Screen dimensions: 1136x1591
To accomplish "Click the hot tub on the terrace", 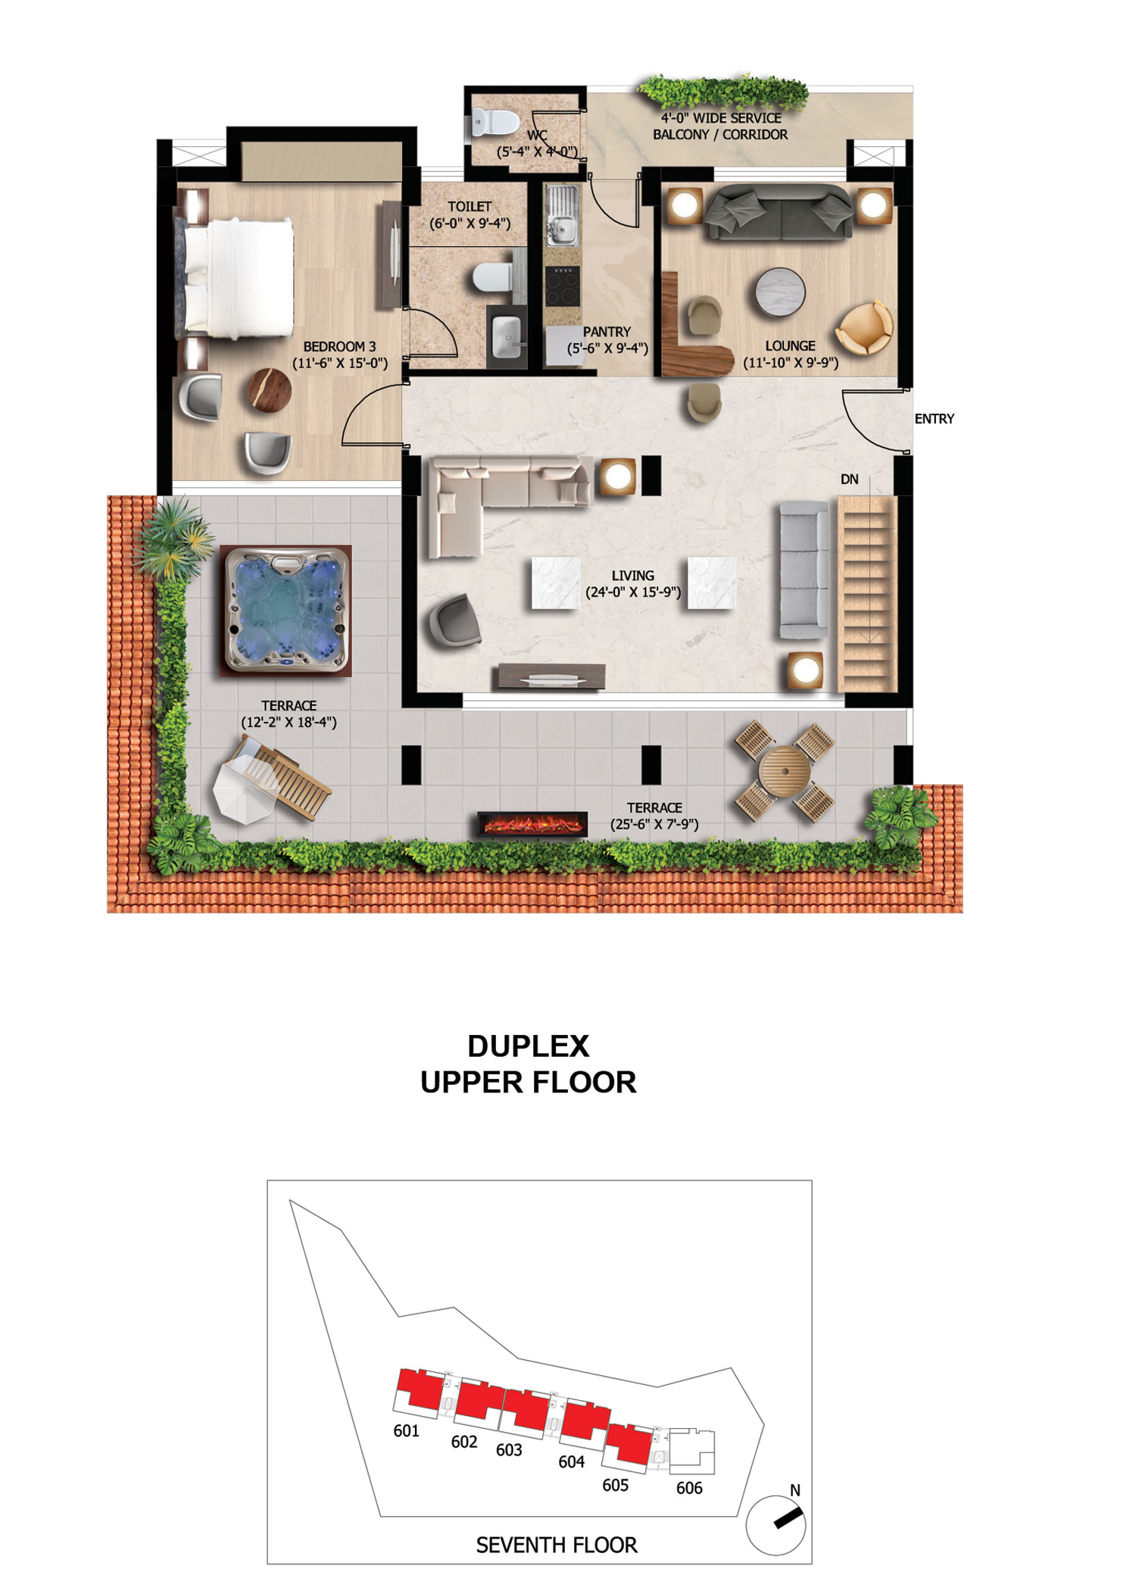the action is (x=286, y=611).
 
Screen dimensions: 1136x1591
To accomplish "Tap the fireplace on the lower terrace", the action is (x=532, y=824).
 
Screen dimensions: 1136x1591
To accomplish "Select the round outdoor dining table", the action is (x=783, y=770).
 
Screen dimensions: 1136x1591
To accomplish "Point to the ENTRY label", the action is (x=934, y=419).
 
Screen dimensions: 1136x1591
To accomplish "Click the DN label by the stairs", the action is (x=849, y=480).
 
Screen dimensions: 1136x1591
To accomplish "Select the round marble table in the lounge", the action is (x=780, y=292).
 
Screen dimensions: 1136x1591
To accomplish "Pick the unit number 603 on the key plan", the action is (x=509, y=1449).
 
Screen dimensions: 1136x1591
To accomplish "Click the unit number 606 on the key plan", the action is (x=689, y=1488).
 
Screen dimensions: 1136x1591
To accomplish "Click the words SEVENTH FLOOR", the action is (x=557, y=1545).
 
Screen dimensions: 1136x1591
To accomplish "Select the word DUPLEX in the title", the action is (x=528, y=1046).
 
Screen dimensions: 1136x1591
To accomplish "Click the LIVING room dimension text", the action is (x=633, y=592).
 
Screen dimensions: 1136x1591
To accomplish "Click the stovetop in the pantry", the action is (x=562, y=286).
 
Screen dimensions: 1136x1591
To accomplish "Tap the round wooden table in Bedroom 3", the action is (x=270, y=390).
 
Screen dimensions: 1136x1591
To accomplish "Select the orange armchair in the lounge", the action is (x=865, y=327).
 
